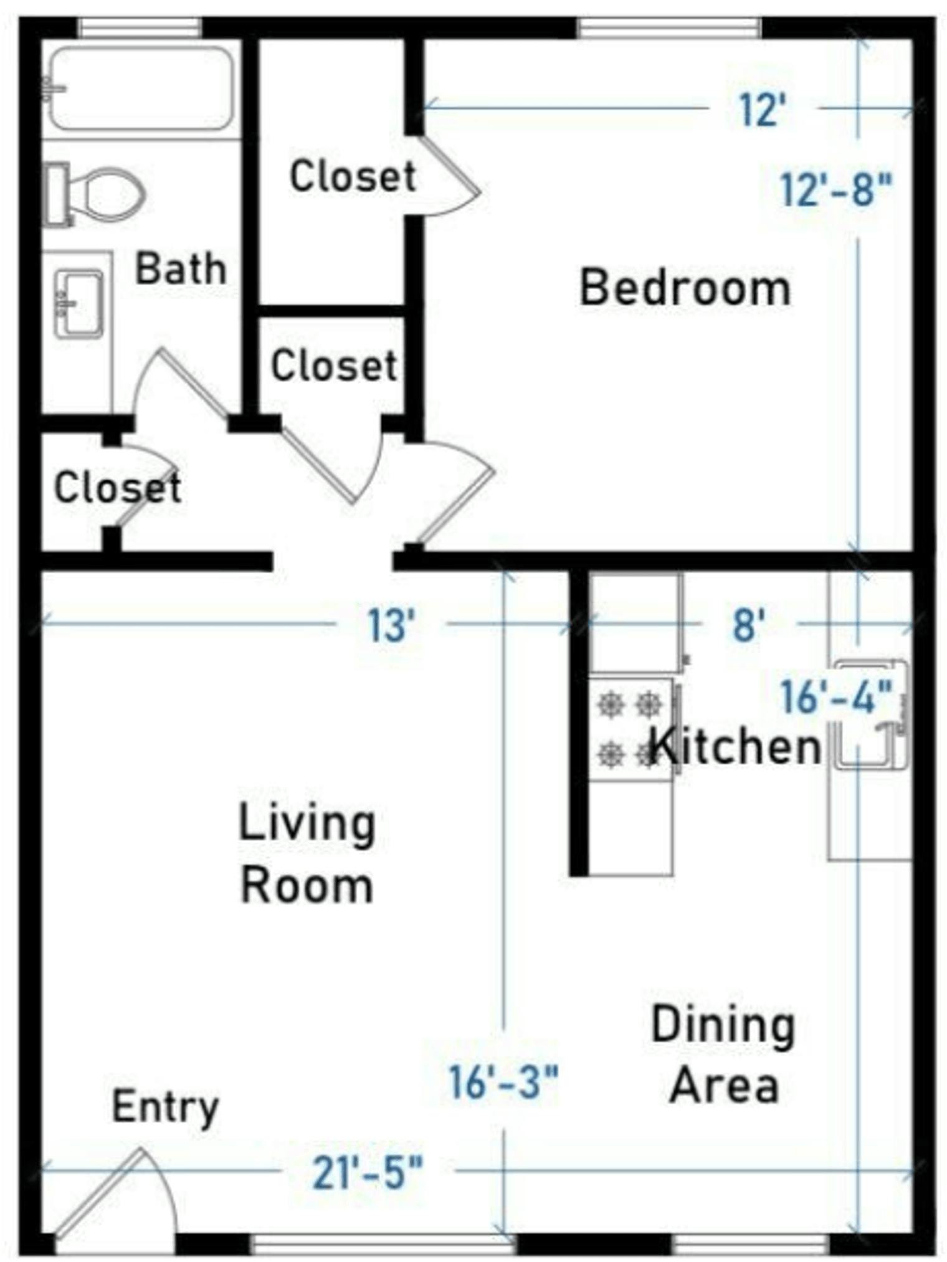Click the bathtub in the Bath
142,88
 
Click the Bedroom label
685,288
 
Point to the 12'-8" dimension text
835,189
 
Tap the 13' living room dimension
391,625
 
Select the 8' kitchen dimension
748,625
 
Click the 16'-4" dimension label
835,696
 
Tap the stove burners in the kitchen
629,729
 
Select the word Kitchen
735,746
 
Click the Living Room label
307,853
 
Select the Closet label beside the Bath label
353,176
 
